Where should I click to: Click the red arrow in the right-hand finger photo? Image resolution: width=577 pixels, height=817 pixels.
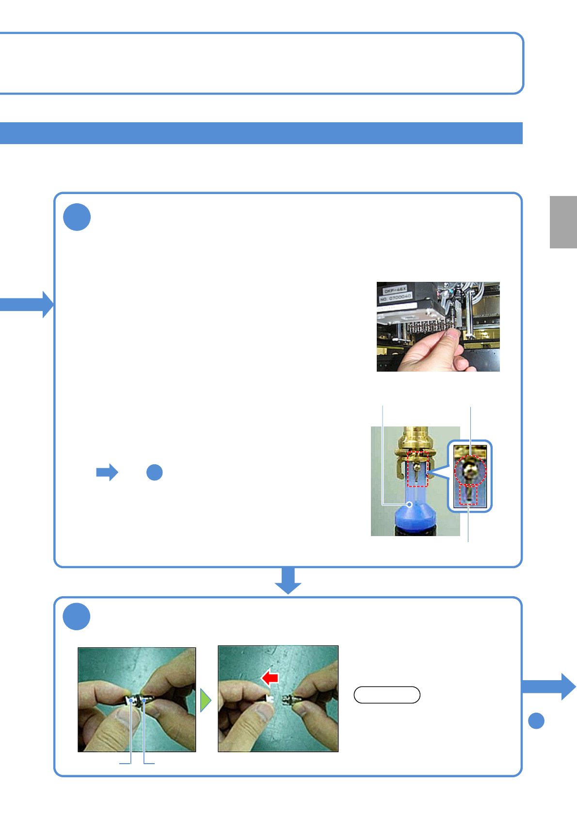click(x=271, y=677)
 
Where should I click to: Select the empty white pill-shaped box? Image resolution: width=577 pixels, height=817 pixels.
click(x=387, y=695)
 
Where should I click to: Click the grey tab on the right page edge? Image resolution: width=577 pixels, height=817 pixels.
click(x=563, y=222)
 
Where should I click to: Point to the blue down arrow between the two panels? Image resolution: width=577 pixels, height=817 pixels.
click(x=288, y=580)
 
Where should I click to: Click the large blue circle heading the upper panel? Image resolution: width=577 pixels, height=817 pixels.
click(x=77, y=217)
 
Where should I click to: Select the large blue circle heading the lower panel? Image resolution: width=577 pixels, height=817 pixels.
click(x=77, y=617)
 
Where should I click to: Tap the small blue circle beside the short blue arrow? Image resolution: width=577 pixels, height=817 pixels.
click(x=154, y=472)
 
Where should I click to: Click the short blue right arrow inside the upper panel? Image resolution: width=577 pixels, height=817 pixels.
click(x=107, y=472)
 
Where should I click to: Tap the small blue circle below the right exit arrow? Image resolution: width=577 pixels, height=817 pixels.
click(x=536, y=721)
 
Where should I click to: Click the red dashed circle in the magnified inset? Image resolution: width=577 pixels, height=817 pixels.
click(x=470, y=471)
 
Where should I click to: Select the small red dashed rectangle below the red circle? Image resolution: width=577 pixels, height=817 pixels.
click(x=468, y=495)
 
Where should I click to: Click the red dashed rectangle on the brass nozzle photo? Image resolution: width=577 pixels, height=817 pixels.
click(x=417, y=469)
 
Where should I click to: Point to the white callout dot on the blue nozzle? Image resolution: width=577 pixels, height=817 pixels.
click(x=410, y=505)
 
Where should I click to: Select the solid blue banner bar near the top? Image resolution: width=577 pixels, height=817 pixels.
click(x=261, y=133)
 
